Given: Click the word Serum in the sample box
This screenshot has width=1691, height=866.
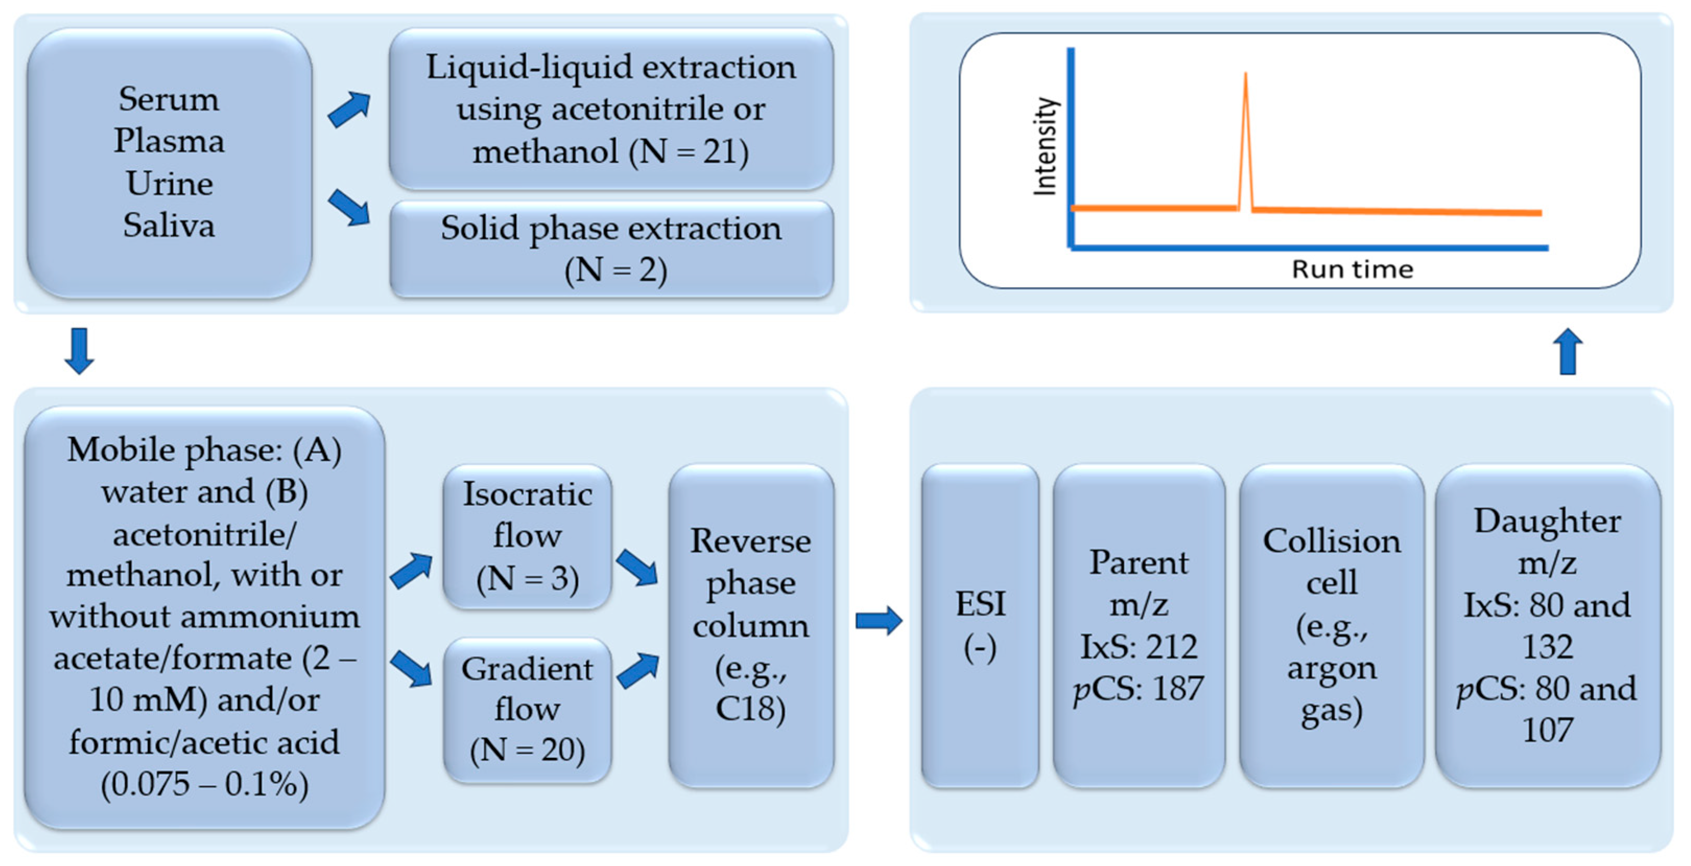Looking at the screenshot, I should coord(169,100).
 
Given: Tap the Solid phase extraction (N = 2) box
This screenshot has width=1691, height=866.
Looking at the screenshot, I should coord(611,249).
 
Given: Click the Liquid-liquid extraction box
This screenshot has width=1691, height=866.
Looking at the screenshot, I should coord(611,109).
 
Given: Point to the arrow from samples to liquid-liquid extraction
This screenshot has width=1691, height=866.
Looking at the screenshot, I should coord(349,110).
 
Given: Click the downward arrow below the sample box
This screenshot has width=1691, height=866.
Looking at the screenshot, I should coord(79,351).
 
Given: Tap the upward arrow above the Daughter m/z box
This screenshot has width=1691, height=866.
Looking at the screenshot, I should coord(1568,351).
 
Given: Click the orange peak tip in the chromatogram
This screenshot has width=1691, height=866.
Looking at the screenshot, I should coord(1245,75).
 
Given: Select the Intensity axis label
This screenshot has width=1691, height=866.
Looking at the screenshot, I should coord(1045,146).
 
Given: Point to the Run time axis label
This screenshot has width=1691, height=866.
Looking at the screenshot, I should coord(1352,269).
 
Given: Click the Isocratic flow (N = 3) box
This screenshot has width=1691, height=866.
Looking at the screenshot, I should coord(527,537).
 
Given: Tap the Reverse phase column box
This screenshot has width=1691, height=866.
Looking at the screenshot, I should coord(751,625).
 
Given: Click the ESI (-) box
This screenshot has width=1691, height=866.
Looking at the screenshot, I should coord(980,625).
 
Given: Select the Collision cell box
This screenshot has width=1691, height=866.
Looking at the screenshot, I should coord(1331,625).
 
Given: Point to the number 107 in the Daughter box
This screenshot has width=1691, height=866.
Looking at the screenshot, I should coord(1547,730).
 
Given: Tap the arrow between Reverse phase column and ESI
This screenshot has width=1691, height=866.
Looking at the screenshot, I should coord(879,621).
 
